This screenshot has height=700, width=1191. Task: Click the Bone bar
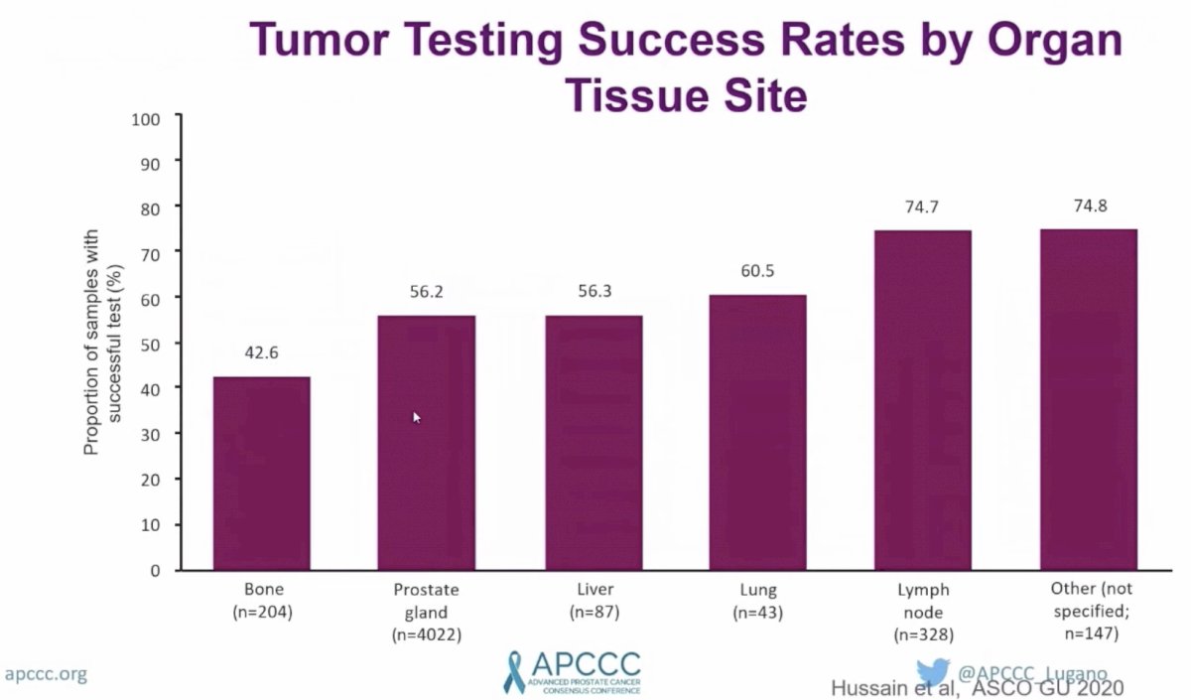pos(262,474)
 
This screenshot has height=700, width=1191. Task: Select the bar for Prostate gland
pos(427,443)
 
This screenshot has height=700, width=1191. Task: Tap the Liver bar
pos(594,443)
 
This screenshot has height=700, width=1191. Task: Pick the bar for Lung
pos(757,433)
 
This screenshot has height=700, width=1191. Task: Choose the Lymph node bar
pos(923,400)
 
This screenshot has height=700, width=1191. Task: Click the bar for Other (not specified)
pos(1089,399)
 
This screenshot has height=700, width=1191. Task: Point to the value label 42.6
pos(261,352)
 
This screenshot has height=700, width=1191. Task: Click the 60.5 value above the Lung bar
pos(757,271)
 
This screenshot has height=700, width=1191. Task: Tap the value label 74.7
pos(922,207)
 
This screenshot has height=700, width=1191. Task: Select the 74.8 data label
pos(1091,206)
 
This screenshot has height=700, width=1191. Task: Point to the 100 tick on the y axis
pos(145,119)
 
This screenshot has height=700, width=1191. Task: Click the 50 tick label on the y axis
pos(151,346)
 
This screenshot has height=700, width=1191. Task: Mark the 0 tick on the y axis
pos(155,571)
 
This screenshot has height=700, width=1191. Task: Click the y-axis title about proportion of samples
pos(102,342)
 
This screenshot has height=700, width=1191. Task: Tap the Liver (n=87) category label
pos(595,601)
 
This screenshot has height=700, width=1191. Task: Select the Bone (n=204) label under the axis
pos(263,601)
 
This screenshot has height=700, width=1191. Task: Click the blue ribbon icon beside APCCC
pos(514,673)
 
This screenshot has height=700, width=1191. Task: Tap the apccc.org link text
pos(46,674)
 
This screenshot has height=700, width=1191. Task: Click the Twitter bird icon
pos(933,672)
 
